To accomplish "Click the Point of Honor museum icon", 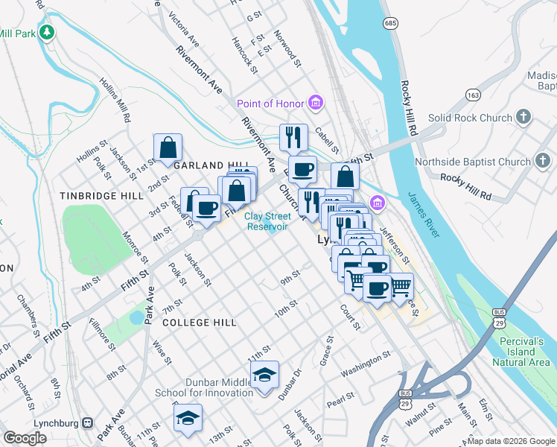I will coord(315,102).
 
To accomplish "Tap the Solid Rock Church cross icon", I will coord(524,117).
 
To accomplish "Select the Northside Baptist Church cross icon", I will coord(543,161).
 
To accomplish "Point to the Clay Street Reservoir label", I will coord(267,221).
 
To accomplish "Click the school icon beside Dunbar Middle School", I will coord(264,375).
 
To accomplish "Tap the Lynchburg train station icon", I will coord(88,422).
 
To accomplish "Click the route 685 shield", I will coord(390,24).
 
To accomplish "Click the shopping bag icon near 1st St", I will coord(168,148).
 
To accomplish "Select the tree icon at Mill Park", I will coord(47,32).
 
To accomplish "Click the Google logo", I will coord(25,438).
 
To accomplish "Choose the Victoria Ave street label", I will coord(184,28).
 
